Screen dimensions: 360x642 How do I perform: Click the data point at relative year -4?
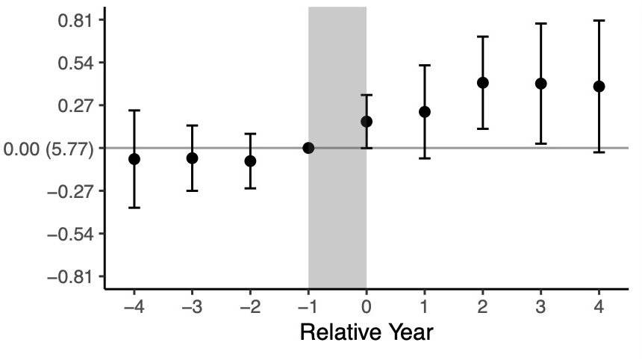pos(134,159)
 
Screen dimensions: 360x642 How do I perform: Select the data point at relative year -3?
pos(192,158)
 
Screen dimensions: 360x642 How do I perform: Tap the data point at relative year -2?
pos(250,161)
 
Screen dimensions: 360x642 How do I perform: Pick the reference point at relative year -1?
pos(308,148)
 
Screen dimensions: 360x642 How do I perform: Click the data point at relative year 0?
pos(367,121)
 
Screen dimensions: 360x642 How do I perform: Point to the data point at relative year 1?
pos(424,111)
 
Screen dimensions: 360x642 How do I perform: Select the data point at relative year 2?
pos(482,82)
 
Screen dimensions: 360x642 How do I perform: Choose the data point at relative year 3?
pos(540,83)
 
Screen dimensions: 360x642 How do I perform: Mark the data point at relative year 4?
pos(599,86)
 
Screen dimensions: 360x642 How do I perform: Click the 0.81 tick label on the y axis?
pos(75,20)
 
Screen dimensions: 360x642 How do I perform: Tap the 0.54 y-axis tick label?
pos(75,63)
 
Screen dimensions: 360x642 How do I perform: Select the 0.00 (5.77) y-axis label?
pos(49,149)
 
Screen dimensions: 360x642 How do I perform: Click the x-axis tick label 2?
pos(482,307)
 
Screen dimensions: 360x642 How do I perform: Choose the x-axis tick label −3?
pos(191,307)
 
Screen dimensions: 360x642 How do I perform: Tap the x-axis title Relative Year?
pos(366,332)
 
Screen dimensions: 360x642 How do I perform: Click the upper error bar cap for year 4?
pos(599,20)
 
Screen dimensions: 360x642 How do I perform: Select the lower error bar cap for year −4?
pos(134,207)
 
